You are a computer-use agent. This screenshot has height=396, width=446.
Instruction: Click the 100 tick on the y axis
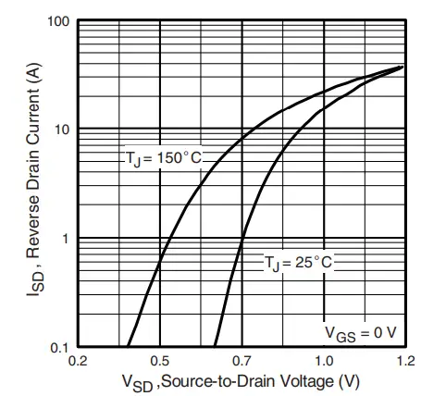[x=57, y=21]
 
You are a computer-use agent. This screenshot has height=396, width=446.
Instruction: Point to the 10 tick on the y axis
[x=61, y=129]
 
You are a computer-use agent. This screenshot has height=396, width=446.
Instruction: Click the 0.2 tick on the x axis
[x=78, y=360]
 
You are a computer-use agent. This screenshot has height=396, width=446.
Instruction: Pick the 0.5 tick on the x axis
[x=160, y=360]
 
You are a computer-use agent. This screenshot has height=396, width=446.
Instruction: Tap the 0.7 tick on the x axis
[x=242, y=360]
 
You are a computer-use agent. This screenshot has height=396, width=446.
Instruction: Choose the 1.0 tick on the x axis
[x=324, y=360]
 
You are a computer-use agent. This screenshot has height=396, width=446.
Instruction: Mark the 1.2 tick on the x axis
[x=405, y=360]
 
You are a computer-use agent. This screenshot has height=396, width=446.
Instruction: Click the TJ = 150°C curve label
[x=163, y=158]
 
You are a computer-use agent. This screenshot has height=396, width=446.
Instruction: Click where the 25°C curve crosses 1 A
[x=242, y=238]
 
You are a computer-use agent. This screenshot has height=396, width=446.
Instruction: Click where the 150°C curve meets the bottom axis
[x=127, y=347]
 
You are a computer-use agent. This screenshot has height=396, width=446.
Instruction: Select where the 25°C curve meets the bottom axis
[x=214, y=347]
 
